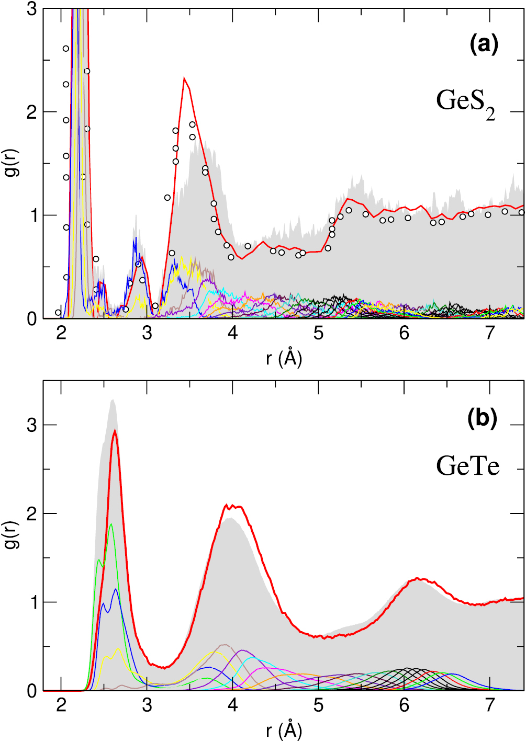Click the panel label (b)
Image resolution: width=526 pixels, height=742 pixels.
[482, 418]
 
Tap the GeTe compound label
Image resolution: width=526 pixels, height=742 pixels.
[467, 465]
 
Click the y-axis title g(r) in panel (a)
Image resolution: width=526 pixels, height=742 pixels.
[12, 163]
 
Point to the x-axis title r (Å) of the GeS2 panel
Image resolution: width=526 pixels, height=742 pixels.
[284, 358]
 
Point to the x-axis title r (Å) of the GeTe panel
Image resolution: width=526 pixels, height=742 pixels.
[284, 730]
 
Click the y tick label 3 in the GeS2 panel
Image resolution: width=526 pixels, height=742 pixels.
[32, 9]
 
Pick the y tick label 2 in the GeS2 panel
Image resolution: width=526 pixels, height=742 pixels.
[32, 112]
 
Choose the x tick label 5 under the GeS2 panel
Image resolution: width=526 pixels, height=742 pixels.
[318, 333]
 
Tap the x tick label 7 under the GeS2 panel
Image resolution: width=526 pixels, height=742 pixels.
[490, 333]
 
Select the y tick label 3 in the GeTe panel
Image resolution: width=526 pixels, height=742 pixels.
[32, 425]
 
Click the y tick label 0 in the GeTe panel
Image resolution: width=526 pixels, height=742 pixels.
[32, 691]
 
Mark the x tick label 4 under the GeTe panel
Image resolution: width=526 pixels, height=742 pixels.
[232, 705]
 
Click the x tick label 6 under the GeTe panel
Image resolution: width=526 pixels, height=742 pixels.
[404, 705]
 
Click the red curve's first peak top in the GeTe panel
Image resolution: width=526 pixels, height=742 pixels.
[115, 431]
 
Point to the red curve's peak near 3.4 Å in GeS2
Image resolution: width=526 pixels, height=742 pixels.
[184, 78]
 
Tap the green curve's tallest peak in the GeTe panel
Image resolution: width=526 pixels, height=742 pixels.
[110, 524]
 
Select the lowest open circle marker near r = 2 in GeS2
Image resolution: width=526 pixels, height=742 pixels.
[58, 313]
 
